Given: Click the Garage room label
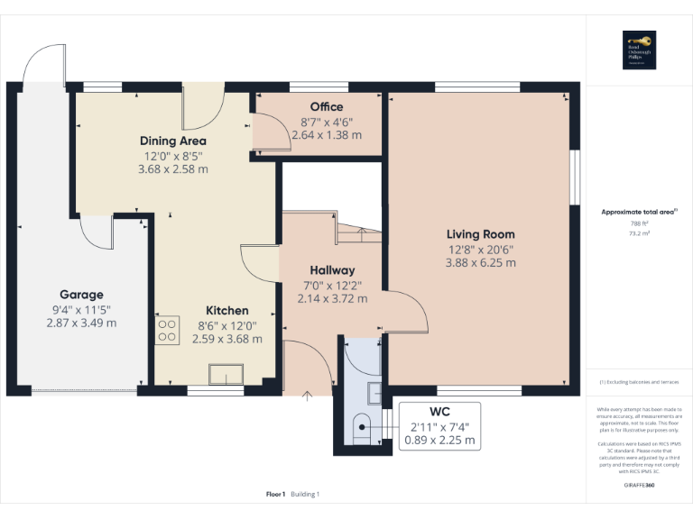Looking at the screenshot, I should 81,295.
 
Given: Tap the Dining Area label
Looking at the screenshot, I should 172,141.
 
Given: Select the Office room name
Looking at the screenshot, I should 326,107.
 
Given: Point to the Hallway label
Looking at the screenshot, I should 332,270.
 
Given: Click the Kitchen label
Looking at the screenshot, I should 226,309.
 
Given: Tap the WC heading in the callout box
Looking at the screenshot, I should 439,411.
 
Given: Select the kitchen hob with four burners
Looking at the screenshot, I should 166,331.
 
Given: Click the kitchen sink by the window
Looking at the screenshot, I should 226,373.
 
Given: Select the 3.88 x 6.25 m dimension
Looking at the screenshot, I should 480,263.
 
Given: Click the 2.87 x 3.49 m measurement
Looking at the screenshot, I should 81,323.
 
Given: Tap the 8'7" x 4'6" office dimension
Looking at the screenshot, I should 326,122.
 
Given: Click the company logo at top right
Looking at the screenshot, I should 639,48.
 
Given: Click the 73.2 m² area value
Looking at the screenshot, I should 638,232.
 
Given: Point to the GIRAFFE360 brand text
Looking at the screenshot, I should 638,485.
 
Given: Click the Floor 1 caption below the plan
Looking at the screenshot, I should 275,494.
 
